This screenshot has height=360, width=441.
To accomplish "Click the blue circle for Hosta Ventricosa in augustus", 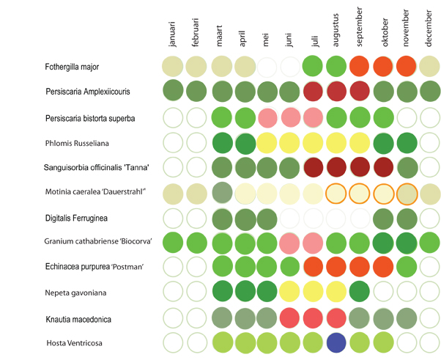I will tap(336, 342).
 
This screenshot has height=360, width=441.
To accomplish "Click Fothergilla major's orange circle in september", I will tap(360, 67).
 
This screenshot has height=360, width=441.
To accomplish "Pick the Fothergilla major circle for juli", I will tap(313, 67).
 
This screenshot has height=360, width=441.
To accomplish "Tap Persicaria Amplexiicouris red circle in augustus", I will tap(336, 92).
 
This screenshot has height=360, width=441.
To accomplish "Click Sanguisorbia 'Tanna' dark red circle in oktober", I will tap(383, 166).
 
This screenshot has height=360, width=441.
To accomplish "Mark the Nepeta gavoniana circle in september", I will tap(360, 291).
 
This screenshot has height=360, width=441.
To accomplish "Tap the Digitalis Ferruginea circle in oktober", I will tap(383, 217).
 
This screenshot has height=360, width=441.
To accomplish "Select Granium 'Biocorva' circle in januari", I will tap(173, 242).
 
